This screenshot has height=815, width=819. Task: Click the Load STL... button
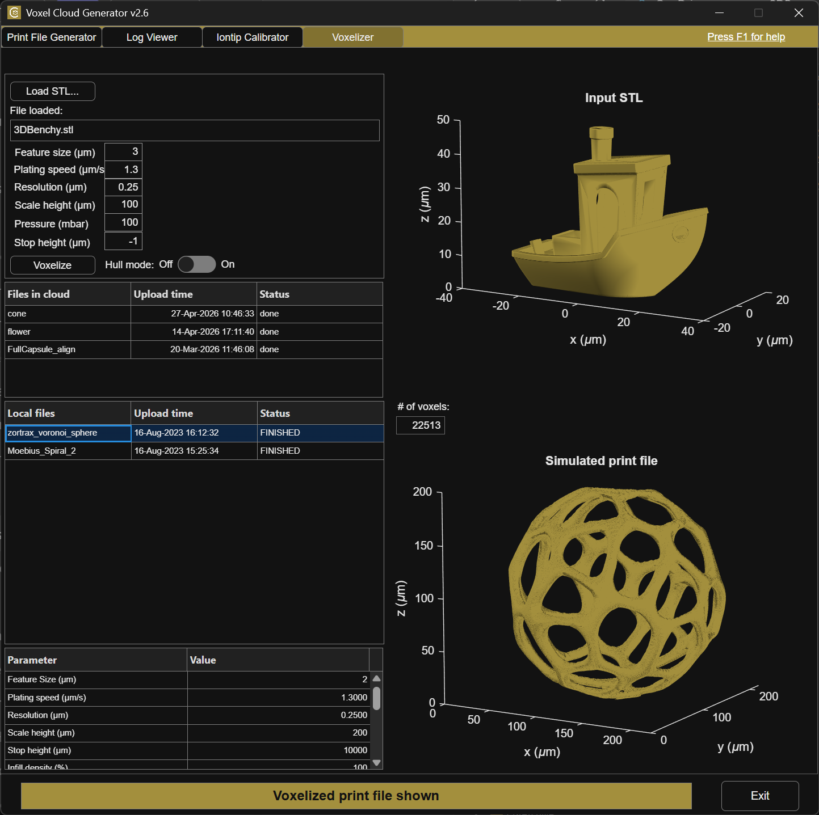tap(52, 91)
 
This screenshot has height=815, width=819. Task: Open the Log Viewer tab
tap(152, 37)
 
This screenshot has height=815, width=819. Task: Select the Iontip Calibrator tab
tap(253, 37)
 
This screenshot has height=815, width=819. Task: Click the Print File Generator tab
tap(52, 37)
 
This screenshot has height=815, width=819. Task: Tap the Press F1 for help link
tap(746, 37)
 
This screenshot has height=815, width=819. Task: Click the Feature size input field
tap(123, 151)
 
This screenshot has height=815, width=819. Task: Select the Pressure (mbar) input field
tap(123, 222)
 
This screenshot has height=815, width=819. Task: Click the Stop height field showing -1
tap(123, 241)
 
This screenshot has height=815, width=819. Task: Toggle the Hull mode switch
tap(197, 264)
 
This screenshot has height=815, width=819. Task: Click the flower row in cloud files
tap(194, 332)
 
